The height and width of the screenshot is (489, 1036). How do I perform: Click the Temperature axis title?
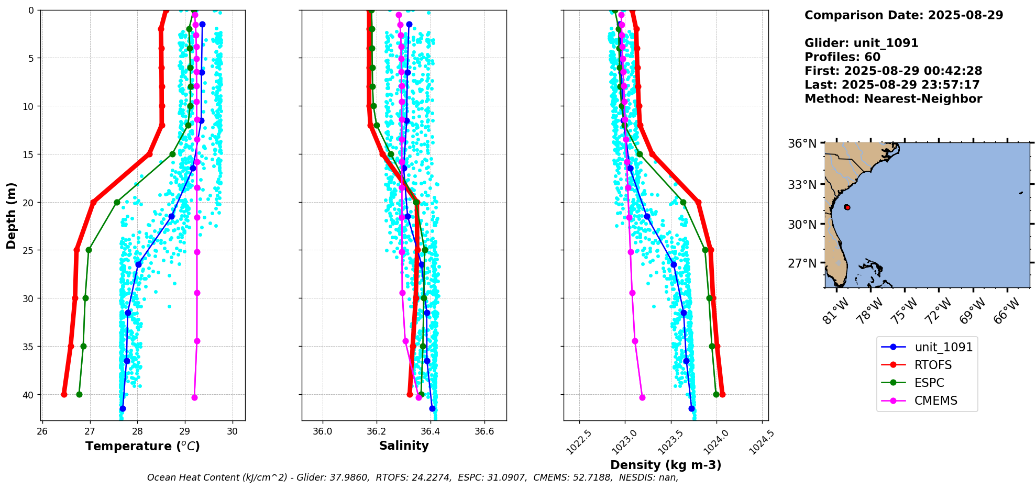click(142, 446)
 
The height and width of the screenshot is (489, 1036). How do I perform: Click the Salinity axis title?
click(404, 446)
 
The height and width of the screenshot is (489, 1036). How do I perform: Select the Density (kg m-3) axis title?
click(666, 465)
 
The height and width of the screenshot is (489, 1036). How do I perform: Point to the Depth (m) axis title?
click(12, 216)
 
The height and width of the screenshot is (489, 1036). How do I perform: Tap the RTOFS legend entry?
click(933, 365)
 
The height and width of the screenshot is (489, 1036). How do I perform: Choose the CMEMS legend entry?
click(935, 401)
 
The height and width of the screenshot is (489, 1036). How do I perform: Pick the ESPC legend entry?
click(929, 383)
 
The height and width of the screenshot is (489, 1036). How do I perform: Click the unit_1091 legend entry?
click(943, 347)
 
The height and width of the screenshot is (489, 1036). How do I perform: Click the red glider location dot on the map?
click(847, 207)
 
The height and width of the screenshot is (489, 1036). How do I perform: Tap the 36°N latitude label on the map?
click(802, 143)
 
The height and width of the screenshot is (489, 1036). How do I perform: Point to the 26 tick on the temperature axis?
click(42, 431)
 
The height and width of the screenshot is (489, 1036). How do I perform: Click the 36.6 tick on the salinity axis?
click(484, 431)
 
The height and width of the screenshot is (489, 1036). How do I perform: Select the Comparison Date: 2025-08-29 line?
click(903, 15)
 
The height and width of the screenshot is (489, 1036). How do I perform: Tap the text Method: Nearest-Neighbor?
click(893, 99)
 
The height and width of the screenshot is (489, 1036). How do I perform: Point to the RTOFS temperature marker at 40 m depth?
click(64, 394)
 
